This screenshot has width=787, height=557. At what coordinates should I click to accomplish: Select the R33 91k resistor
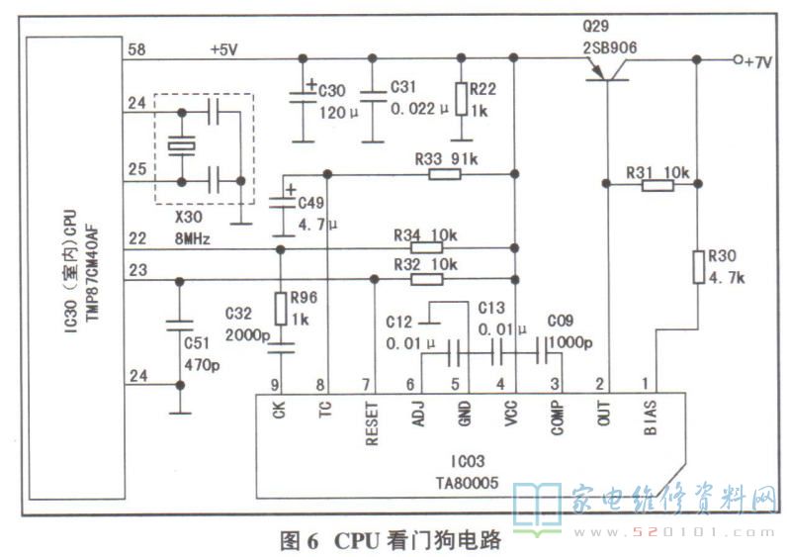coord(445,175)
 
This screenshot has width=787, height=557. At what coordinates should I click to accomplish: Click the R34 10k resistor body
coord(426,248)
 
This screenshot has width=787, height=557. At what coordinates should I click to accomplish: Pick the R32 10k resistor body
coord(426,278)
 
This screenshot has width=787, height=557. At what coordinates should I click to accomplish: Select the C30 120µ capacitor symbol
coord(303,97)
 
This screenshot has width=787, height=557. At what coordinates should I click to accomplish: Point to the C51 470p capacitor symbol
coord(179,325)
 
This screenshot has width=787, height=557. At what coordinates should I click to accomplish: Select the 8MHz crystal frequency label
coord(191,238)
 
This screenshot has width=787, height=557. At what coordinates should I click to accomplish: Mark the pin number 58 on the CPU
coord(135,48)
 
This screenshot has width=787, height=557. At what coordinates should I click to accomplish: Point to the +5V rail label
coord(226,48)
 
